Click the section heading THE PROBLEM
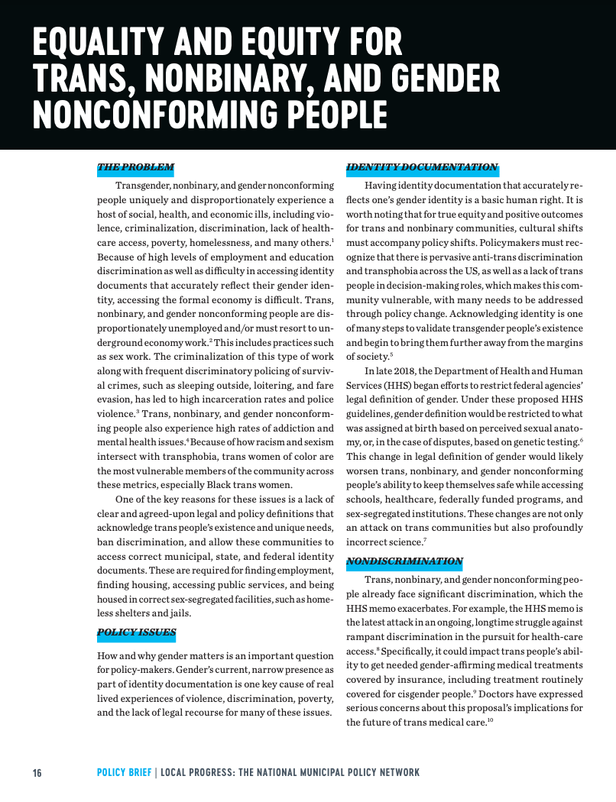(135, 167)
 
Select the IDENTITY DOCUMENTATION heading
(422, 167)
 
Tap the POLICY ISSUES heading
(136, 632)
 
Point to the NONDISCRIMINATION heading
(404, 561)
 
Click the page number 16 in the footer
(37, 773)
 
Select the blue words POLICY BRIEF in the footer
(124, 773)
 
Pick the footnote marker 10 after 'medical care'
(490, 720)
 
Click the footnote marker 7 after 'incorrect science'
(425, 540)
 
